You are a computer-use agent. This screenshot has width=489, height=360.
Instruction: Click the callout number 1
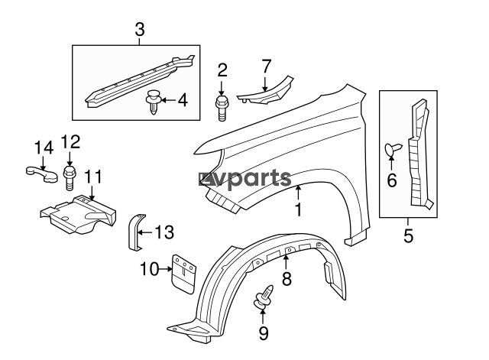pyautogui.click(x=299, y=209)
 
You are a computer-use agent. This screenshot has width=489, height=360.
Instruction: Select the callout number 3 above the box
pyautogui.click(x=140, y=30)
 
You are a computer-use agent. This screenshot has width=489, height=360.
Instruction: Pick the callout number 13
pyautogui.click(x=165, y=231)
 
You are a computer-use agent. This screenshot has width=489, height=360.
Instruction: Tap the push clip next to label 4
pyautogui.click(x=153, y=102)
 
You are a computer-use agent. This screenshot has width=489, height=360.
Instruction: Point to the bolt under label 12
pyautogui.click(x=70, y=174)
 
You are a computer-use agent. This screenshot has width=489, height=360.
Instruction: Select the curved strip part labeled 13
pyautogui.click(x=132, y=232)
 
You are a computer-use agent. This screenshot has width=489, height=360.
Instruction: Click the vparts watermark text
pyautogui.click(x=244, y=180)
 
